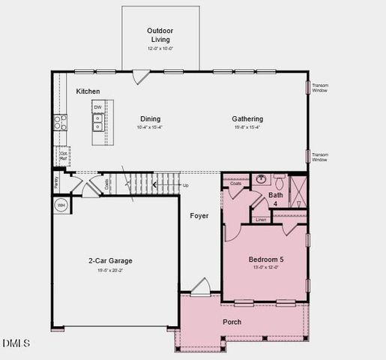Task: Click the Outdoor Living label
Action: tap(160, 34)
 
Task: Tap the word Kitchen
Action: tap(88, 91)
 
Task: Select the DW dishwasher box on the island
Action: tap(97, 107)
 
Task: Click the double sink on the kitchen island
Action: tap(97, 121)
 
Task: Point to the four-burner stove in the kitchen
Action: tap(59, 122)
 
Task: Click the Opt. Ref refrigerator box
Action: tap(64, 156)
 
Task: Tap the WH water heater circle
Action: tap(61, 205)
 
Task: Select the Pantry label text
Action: tap(56, 181)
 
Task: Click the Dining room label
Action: tap(149, 118)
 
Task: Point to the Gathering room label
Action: tap(247, 118)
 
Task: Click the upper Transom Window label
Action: tap(320, 88)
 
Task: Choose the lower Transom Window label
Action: tap(320, 157)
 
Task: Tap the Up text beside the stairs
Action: tap(185, 184)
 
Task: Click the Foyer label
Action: tap(199, 216)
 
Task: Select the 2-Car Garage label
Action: tap(110, 261)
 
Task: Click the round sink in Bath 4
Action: tap(262, 179)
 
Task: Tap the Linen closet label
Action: tap(261, 220)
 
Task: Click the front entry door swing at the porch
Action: tap(201, 288)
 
